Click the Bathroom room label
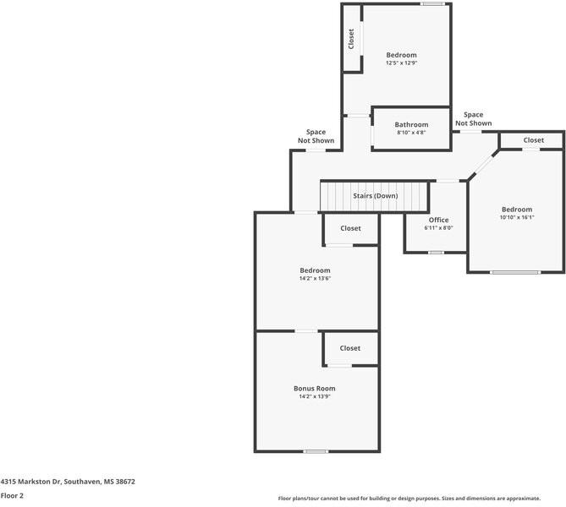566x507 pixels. coord(411,125)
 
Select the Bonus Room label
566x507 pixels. coord(315,389)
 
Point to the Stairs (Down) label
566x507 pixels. coord(375,196)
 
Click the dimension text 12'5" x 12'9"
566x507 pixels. coord(402,63)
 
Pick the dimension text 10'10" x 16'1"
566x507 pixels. coord(516,217)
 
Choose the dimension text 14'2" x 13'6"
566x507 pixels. coord(315,278)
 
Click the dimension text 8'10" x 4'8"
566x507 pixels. coord(411,133)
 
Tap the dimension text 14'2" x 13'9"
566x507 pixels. coord(315,396)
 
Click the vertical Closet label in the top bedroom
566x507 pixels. coord(351,39)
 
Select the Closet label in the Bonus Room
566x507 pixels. coord(350,348)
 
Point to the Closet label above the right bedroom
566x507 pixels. coord(533,140)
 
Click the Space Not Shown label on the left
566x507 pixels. coord(316,136)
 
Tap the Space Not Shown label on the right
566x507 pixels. coord(474,119)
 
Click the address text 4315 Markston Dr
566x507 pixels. coord(68,482)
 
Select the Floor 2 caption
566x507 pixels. coord(12,496)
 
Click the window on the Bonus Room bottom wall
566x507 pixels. coord(316,451)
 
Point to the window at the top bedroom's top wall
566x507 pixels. coord(432,4)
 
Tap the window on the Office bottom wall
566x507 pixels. coord(436,252)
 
